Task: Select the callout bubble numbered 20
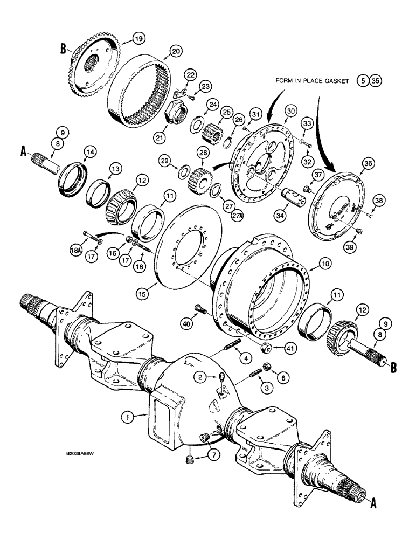pos(175,51)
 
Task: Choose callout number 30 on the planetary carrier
pos(292,110)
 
